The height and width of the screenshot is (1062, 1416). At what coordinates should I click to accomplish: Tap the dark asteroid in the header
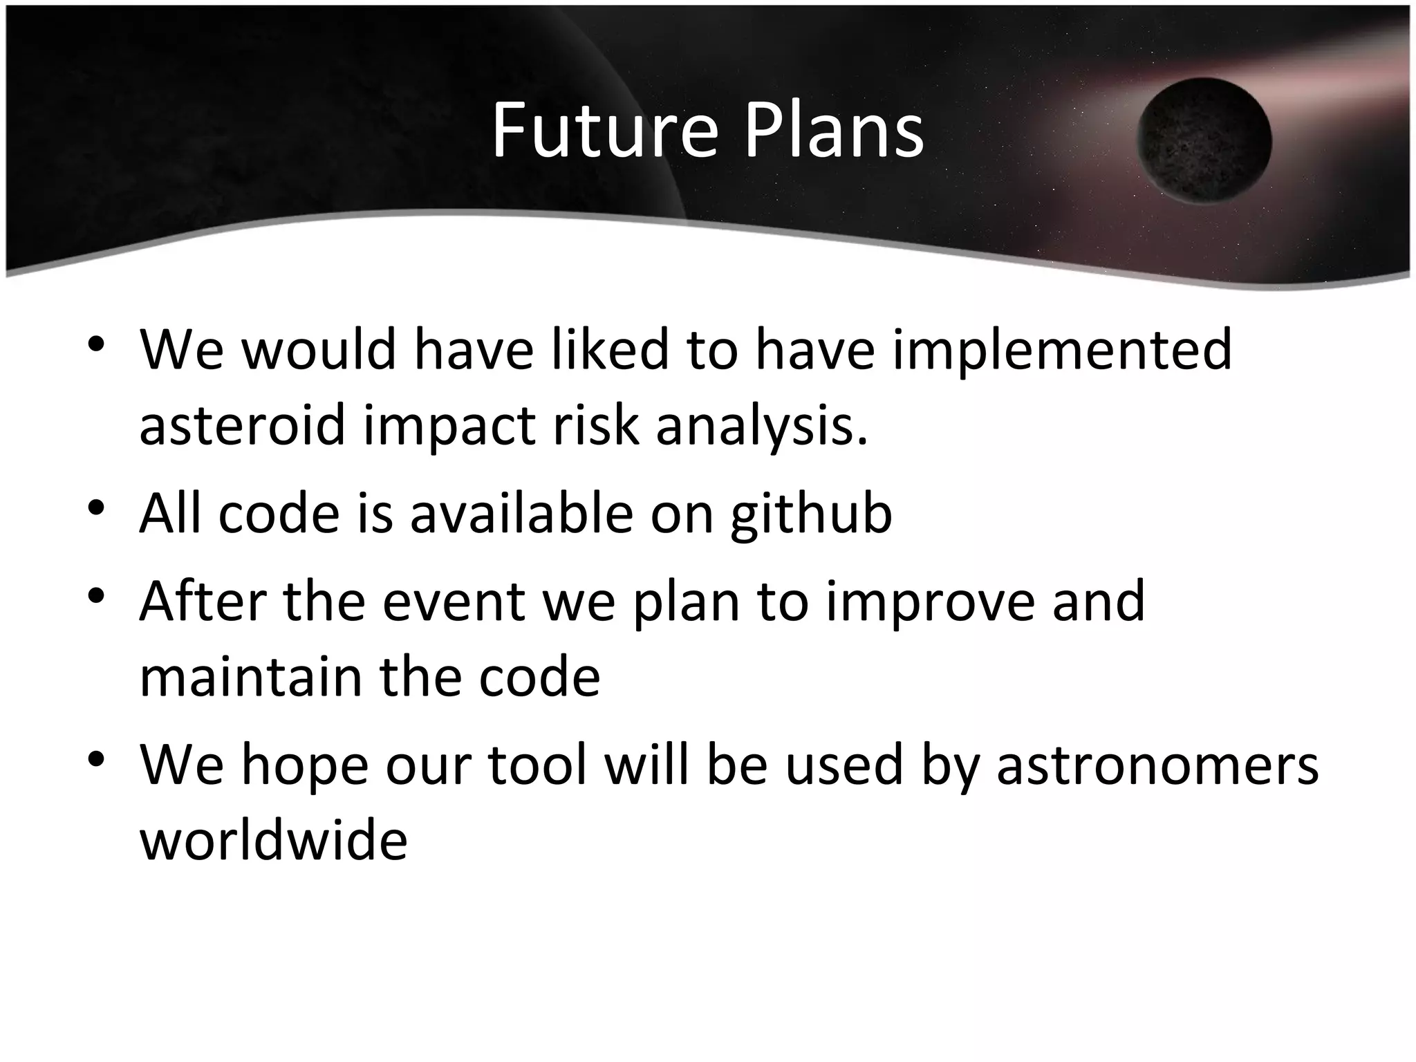[x=1204, y=141]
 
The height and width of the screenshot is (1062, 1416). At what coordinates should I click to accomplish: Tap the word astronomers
[x=1157, y=766]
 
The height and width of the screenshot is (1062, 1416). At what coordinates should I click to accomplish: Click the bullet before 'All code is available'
[x=96, y=508]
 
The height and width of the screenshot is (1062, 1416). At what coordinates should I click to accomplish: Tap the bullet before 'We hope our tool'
[x=96, y=759]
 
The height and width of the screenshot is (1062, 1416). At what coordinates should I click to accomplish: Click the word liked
[x=611, y=349]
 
